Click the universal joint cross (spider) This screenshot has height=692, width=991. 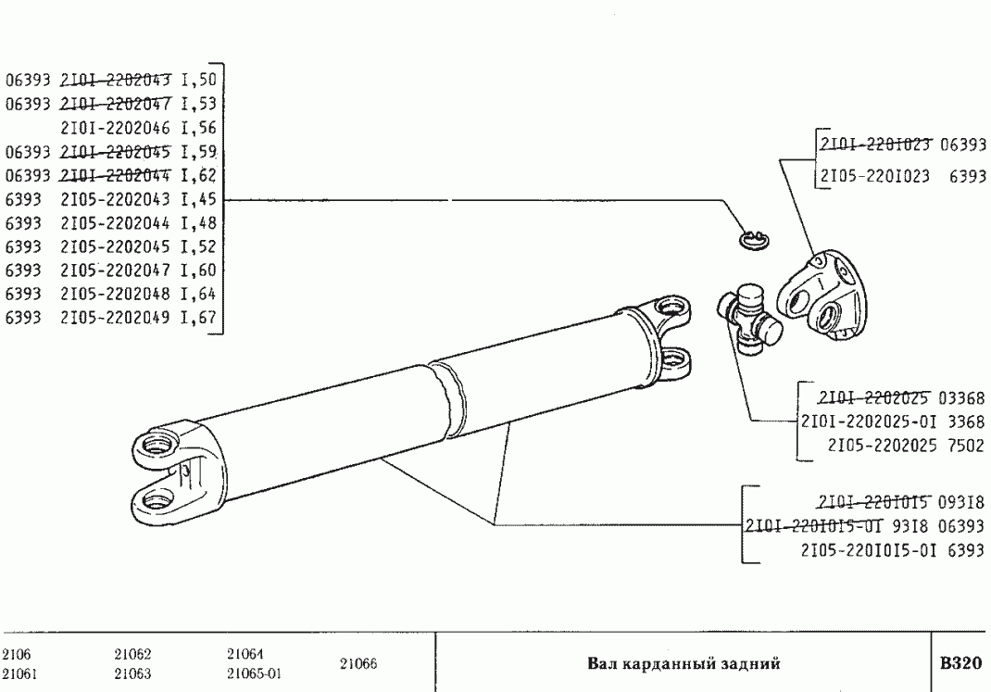(749, 315)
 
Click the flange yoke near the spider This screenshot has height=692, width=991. (822, 291)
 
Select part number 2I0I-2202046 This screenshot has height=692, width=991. (115, 128)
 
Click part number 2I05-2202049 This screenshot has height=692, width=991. (115, 317)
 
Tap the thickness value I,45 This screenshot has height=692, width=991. (198, 200)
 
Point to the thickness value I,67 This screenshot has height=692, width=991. (198, 317)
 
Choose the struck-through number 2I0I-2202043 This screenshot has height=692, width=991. (115, 80)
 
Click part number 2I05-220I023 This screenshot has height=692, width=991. (874, 176)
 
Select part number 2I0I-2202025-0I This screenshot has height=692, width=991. (869, 421)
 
